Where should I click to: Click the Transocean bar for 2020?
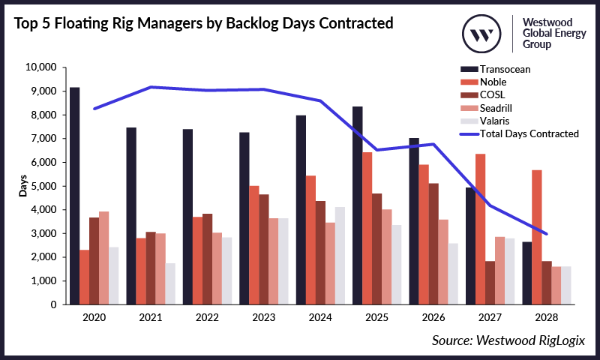[74, 196]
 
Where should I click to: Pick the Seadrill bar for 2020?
[104, 258]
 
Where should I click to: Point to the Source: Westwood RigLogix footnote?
[507, 340]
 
